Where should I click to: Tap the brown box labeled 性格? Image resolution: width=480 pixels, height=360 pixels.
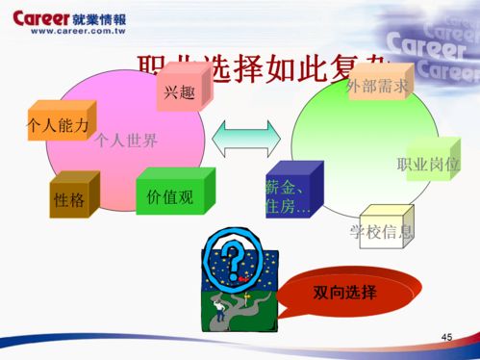click(x=71, y=198)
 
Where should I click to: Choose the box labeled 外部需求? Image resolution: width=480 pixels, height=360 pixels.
click(x=378, y=86)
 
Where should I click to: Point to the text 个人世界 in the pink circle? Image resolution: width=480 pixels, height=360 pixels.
click(x=125, y=141)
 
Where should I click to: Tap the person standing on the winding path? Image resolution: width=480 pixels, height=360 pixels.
click(x=220, y=308)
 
